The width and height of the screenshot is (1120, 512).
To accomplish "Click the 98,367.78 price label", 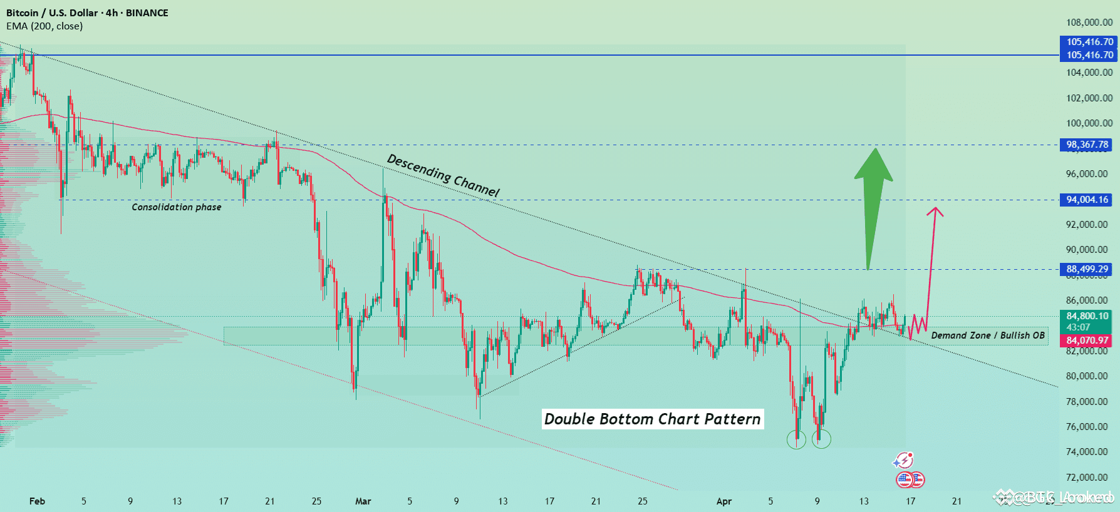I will tap(1087, 145).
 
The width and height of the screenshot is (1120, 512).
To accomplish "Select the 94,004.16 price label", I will tap(1087, 200).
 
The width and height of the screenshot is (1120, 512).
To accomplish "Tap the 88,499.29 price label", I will tap(1087, 269).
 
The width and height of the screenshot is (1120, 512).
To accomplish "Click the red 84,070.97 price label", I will tap(1087, 340).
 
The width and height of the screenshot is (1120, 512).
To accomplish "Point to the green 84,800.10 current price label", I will tap(1087, 317).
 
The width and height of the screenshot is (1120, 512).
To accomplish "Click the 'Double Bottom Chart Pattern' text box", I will tap(652, 419).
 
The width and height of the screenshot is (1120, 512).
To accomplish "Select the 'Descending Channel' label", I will tap(443, 175).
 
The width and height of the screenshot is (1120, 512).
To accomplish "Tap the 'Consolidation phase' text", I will tap(176, 207).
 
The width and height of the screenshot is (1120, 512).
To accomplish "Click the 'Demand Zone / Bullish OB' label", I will tap(988, 335).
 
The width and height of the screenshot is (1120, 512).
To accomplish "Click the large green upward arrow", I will tap(873, 200).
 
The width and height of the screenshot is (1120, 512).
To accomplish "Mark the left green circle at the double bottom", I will tap(796, 439).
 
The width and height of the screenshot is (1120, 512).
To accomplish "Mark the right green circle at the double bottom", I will tap(821, 439).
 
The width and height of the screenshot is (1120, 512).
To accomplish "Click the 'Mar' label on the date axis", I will tap(363, 501).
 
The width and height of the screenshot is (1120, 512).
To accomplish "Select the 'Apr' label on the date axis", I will tap(723, 501).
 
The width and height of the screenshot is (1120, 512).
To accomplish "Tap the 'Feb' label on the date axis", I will tap(37, 501).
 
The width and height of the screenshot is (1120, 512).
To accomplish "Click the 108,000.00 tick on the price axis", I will tap(1089, 23).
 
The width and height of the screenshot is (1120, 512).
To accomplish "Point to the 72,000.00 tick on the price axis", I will tap(1089, 477).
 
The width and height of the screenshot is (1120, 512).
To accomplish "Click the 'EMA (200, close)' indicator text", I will tap(44, 26).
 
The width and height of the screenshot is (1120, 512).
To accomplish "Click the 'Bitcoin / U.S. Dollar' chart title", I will tap(52, 13).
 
